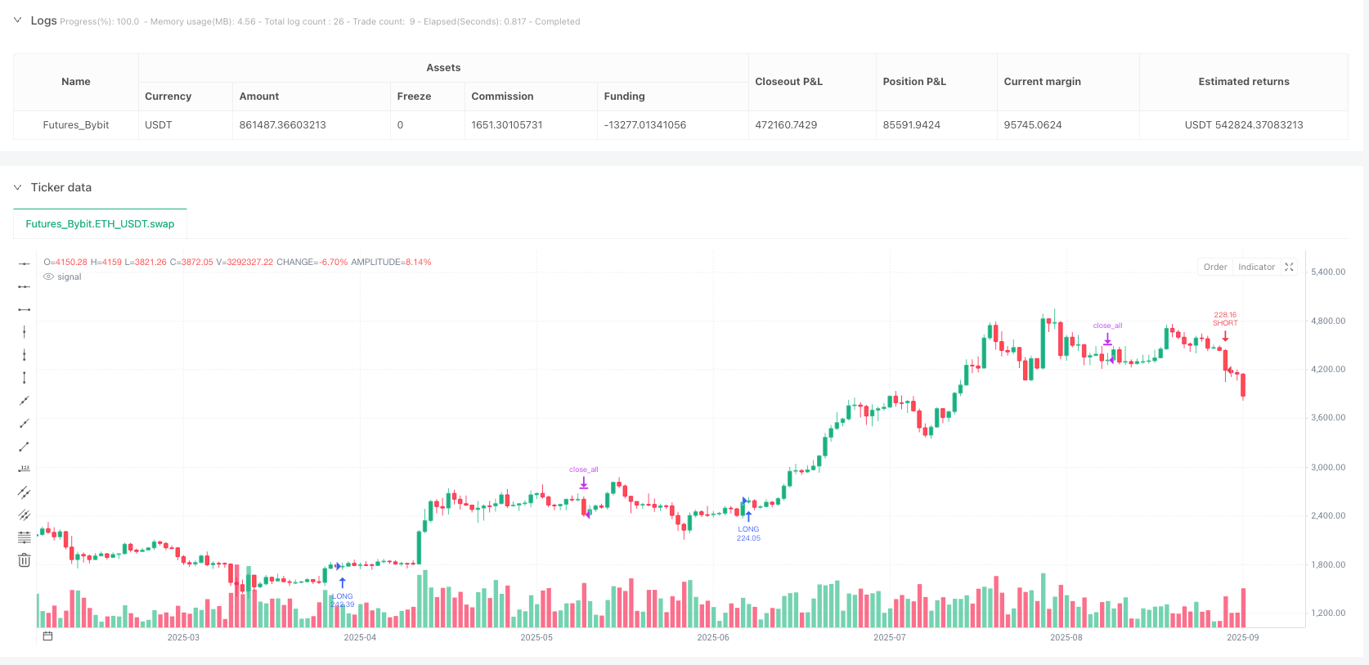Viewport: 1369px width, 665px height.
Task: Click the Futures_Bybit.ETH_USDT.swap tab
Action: [x=100, y=223]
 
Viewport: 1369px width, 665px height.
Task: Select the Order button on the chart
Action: [x=1214, y=267]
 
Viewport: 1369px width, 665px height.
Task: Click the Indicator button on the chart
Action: [x=1256, y=267]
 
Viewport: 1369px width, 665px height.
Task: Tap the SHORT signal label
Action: [x=1225, y=323]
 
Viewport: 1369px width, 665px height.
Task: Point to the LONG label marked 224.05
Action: [x=748, y=533]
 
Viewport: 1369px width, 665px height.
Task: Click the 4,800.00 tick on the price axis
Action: [x=1328, y=321]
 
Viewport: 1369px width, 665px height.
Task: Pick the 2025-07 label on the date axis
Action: [x=889, y=637]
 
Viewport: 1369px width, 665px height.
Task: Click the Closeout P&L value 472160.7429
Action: [x=786, y=125]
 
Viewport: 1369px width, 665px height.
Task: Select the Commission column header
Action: [x=502, y=97]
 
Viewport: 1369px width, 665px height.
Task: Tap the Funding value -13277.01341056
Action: [x=644, y=125]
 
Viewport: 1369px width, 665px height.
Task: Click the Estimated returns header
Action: [x=1243, y=82]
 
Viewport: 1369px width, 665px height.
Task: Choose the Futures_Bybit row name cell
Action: [x=76, y=125]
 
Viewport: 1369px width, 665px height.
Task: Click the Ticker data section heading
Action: [x=61, y=187]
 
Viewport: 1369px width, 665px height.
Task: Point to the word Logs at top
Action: [x=43, y=20]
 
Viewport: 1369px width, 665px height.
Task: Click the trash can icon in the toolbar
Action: [x=25, y=560]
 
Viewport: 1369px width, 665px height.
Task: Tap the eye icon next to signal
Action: [x=49, y=277]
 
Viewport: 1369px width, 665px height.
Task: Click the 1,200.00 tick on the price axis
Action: [x=1328, y=613]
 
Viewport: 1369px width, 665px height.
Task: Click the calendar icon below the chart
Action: [x=47, y=636]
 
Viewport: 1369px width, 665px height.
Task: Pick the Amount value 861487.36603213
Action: [x=282, y=125]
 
